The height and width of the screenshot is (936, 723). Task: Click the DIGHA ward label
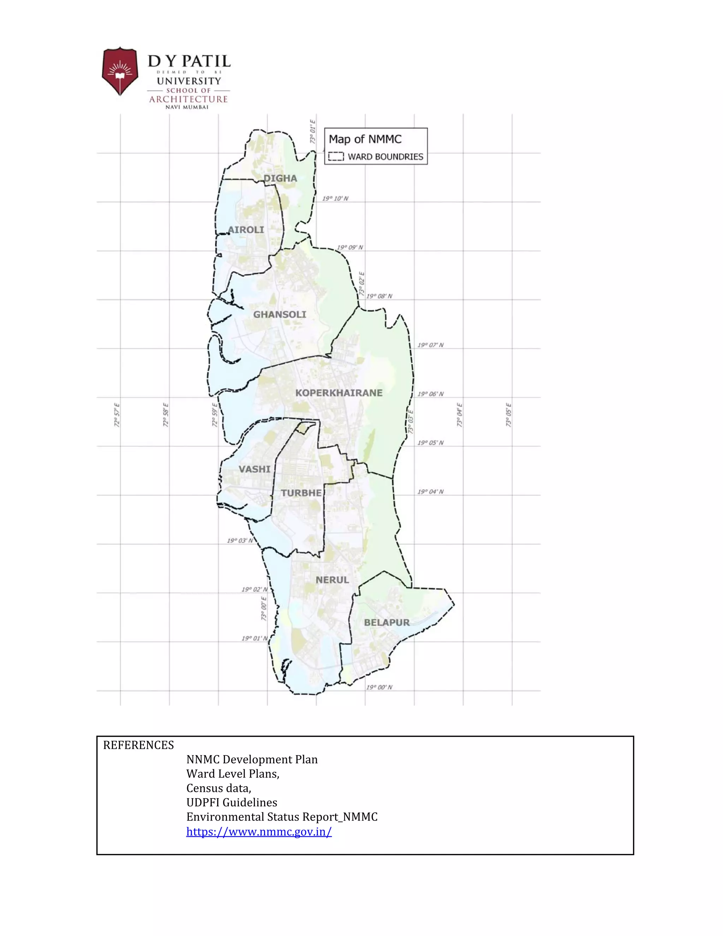tap(280, 178)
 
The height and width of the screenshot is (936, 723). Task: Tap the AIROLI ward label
tap(246, 230)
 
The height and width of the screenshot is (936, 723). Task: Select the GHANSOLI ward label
tap(280, 315)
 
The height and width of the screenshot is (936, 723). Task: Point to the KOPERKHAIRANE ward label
tap(339, 392)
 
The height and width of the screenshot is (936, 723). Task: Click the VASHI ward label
tap(255, 469)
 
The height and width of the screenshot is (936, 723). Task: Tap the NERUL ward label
tap(332, 580)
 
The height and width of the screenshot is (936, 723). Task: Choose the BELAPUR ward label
tap(387, 622)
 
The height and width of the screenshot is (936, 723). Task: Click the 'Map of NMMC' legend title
tap(365, 139)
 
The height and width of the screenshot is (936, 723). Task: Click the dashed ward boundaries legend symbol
tap(336, 157)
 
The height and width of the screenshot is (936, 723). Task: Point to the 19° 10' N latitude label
tap(335, 199)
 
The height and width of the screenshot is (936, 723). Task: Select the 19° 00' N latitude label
tap(379, 687)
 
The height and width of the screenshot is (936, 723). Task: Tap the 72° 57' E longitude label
tap(117, 415)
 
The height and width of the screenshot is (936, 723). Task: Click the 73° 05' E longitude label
tap(508, 415)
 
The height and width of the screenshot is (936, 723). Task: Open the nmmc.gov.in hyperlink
tap(259, 831)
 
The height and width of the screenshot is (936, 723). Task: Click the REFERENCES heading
tap(138, 745)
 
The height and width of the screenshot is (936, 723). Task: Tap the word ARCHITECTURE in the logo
tap(189, 99)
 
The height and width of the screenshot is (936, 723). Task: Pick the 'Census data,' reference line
tap(219, 788)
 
